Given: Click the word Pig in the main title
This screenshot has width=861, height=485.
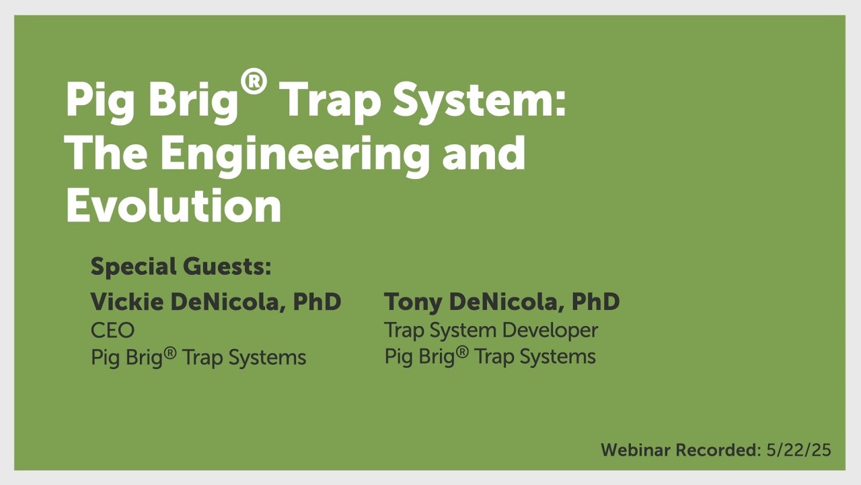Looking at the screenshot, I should (101, 101).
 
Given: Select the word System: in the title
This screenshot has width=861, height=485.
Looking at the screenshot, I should (479, 101).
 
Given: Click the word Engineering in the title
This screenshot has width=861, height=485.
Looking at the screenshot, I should (295, 155).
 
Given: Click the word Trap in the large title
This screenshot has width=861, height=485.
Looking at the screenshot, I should (330, 101).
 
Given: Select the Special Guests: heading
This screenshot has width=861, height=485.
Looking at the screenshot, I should (181, 267).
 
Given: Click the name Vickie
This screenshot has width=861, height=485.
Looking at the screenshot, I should (127, 302).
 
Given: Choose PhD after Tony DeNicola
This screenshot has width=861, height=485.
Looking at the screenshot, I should (595, 302).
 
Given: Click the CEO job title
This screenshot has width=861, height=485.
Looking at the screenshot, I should (112, 330).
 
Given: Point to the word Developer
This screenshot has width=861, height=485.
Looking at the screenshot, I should (553, 330).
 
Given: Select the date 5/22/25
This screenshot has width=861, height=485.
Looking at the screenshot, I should (798, 450).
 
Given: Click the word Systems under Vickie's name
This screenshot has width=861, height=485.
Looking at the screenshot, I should (267, 357).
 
